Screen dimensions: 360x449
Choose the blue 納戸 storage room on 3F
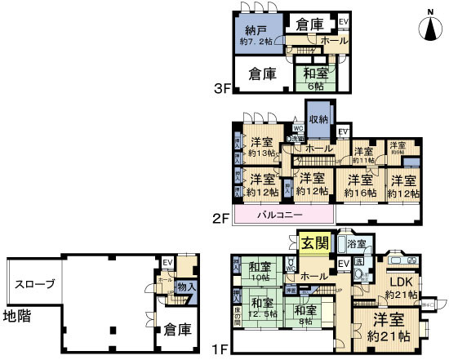(259, 35)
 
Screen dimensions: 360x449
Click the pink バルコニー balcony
(282, 214)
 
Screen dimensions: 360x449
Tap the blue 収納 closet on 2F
(318, 119)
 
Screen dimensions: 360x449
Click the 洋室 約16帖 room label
(359, 186)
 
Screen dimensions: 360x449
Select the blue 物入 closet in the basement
(185, 287)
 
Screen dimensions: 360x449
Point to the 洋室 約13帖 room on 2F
(265, 144)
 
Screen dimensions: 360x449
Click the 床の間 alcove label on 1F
(238, 318)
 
